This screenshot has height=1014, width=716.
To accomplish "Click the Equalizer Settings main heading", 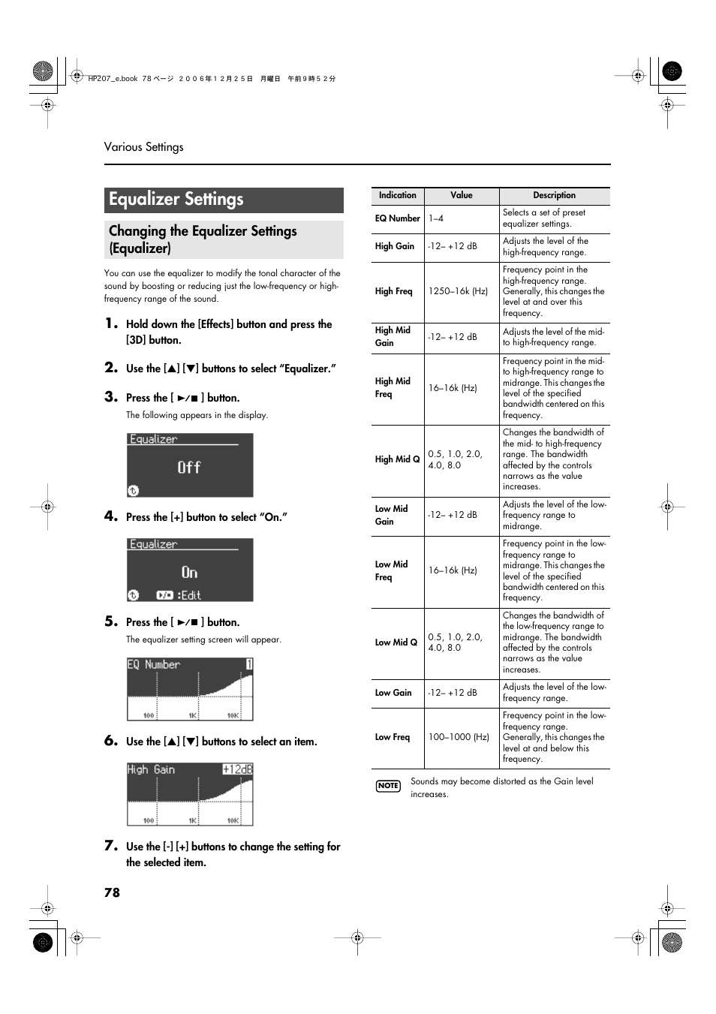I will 176,200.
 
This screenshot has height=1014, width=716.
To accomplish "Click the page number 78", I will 112,892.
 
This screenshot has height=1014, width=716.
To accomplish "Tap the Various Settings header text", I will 143,147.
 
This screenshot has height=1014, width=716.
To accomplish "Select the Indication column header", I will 397,195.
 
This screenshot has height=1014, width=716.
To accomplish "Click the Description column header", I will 554,195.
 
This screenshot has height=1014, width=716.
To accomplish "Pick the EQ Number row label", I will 397,218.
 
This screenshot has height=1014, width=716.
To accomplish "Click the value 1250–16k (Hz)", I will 458,291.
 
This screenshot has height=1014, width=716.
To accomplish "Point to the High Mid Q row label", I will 397,459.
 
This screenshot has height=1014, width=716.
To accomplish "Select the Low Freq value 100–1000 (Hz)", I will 459,737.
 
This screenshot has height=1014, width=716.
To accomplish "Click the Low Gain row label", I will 393,693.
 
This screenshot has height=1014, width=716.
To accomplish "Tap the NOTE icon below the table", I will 388,786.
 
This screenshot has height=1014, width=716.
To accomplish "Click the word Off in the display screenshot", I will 189,468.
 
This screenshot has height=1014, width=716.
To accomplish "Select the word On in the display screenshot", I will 189,573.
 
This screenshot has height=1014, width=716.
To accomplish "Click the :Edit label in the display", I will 189,595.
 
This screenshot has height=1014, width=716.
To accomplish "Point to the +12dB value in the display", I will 237,769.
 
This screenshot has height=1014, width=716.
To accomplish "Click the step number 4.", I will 111,516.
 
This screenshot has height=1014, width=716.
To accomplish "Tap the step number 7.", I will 111,846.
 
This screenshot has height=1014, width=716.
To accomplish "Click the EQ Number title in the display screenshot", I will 154,664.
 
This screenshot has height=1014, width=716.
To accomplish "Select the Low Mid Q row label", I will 396,642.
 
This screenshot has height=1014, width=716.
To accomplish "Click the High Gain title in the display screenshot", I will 151,769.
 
